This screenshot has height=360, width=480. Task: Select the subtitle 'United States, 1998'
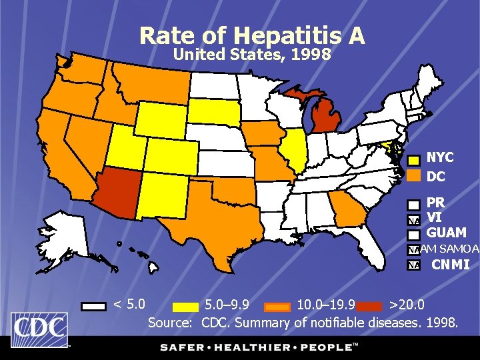[251, 55]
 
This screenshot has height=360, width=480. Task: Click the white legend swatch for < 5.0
[94, 306]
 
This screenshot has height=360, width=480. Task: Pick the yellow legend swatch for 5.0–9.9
[185, 306]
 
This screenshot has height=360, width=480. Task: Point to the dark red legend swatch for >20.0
[370, 306]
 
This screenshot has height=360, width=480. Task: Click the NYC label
[440, 158]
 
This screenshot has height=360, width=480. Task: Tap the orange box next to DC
[414, 176]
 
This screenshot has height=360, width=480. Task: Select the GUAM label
[446, 233]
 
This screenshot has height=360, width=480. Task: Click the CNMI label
[450, 265]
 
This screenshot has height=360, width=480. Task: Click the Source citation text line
[303, 323]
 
